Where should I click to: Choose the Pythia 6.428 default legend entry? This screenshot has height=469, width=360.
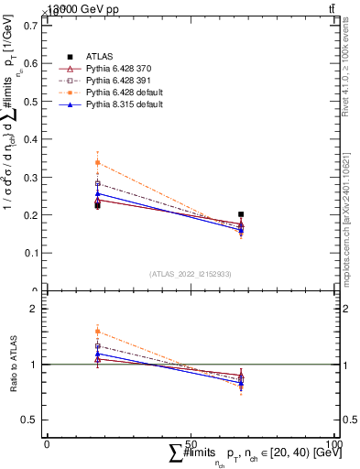(x=122, y=93)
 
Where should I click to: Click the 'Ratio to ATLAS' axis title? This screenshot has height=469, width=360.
(x=13, y=365)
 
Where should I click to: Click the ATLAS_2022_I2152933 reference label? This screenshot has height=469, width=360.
(x=191, y=274)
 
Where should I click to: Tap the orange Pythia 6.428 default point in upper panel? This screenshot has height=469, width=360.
(x=98, y=163)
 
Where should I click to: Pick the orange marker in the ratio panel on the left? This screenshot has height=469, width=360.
(x=98, y=332)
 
